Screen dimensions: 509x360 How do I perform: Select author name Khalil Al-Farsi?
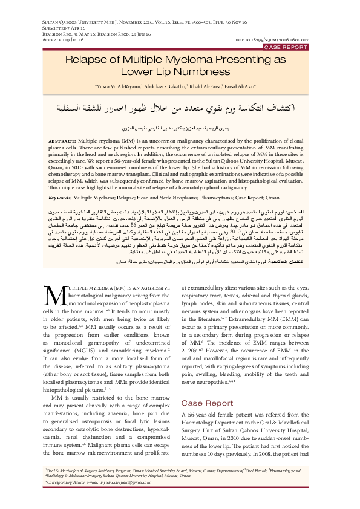pos(207,86)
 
